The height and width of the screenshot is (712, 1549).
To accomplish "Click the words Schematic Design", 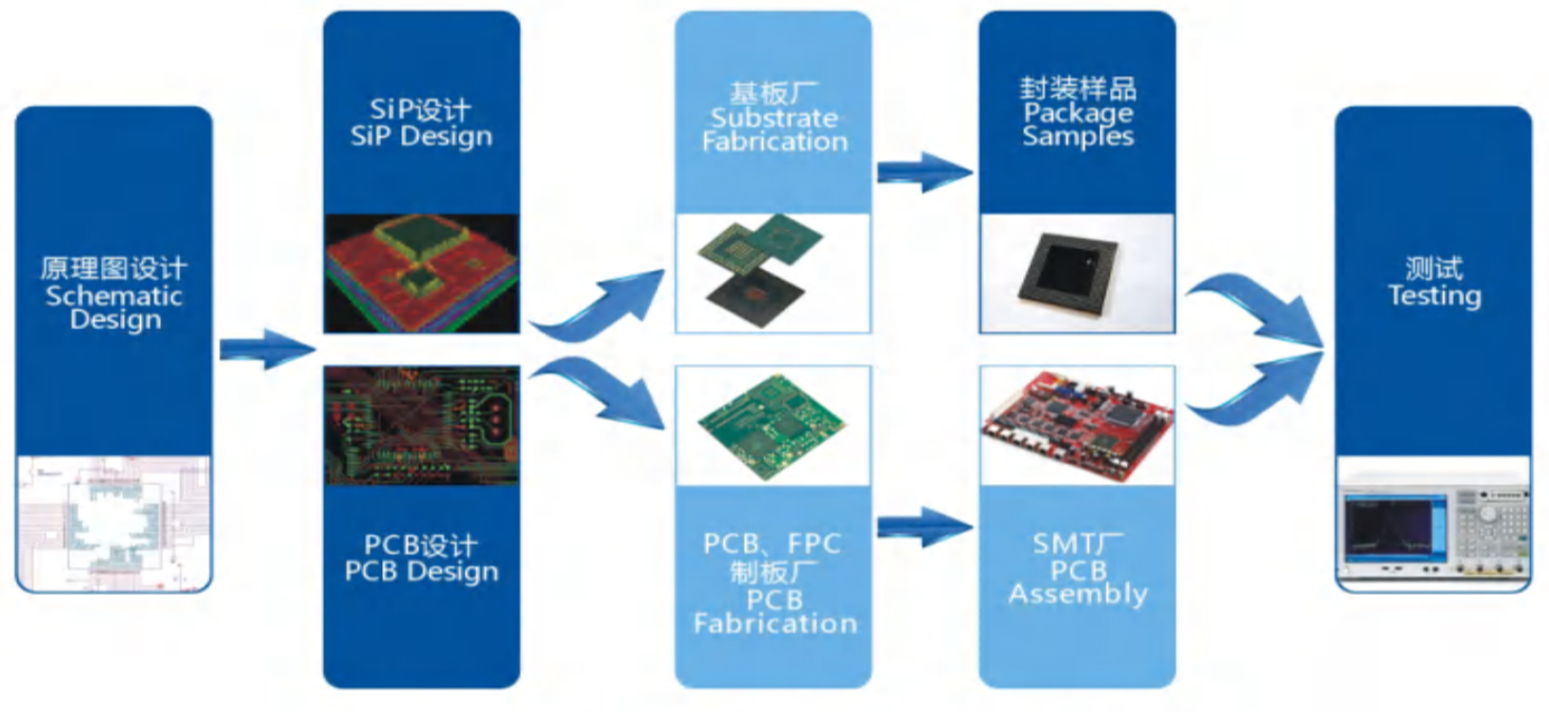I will pos(114,307).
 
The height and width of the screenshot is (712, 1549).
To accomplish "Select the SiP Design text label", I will pos(421,136).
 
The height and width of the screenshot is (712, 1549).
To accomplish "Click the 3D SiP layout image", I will pos(421,273).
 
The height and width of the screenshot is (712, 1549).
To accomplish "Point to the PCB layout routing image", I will pos(421,425).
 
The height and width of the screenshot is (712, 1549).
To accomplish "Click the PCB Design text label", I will pos(421,571).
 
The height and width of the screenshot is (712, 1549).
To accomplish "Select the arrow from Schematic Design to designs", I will pos(267,349).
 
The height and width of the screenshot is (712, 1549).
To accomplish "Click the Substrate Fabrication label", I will pos(774,130).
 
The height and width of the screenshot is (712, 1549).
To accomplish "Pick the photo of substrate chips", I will pos(773,273).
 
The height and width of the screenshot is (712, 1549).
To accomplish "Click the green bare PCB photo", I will pos(773,425).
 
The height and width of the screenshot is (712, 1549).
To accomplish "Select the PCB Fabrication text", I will pos(774,611).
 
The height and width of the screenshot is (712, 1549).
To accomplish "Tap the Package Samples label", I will pos(1077,124).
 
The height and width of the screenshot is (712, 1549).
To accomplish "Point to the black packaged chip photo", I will pos(1076,273).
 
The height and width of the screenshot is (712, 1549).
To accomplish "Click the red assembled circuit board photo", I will pos(1076,425).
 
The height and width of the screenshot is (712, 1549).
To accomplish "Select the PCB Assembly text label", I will pos(1077,582).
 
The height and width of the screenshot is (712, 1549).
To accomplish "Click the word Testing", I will pos(1434,295).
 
